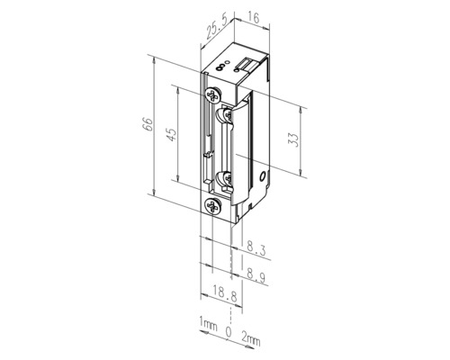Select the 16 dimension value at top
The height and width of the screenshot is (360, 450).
click(x=254, y=18)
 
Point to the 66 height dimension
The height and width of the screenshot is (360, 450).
click(x=148, y=124)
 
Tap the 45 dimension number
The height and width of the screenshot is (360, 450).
click(x=171, y=134)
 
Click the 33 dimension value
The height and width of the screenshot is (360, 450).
click(x=294, y=139)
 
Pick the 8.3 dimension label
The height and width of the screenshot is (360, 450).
click(x=256, y=247)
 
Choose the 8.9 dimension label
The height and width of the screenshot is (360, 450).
click(x=256, y=274)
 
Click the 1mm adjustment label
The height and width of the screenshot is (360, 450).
click(x=208, y=324)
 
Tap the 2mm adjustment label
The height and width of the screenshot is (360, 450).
click(x=251, y=339)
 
